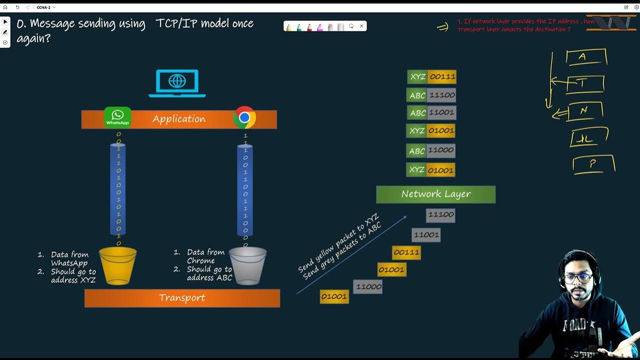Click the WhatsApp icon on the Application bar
coord(117,117)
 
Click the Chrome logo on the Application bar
coord(244,117)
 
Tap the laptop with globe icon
coord(177,83)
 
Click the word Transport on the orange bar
coord(182,298)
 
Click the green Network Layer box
coord(435,194)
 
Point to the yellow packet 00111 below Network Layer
coord(406,252)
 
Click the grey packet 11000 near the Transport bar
coord(368,287)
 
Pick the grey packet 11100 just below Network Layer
coord(440,215)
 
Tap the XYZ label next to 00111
coord(417,77)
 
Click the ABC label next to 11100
coord(417,95)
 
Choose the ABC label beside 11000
coord(417,151)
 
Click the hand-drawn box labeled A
coord(586,57)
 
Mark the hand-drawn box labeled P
coord(593,164)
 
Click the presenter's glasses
coord(579,278)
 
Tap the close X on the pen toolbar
coord(361,26)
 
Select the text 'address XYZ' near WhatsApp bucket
coord(73,280)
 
